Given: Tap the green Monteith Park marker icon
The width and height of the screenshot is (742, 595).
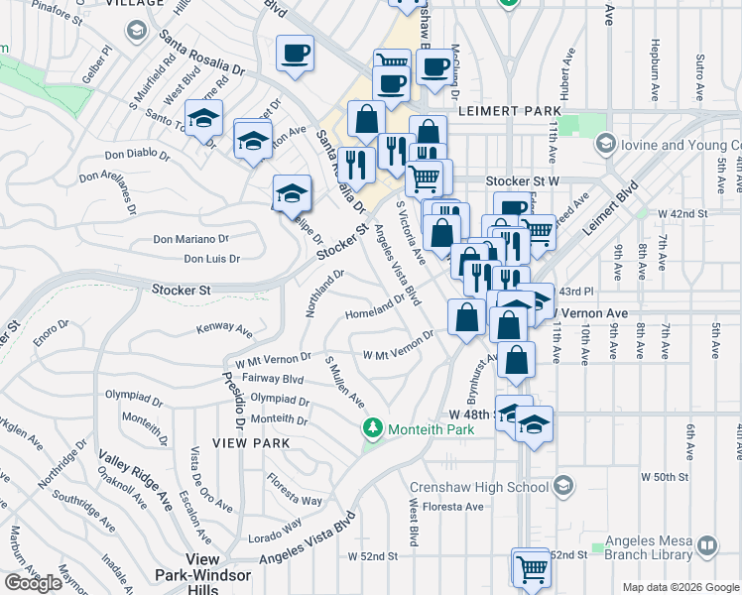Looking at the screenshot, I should pyautogui.click(x=373, y=428).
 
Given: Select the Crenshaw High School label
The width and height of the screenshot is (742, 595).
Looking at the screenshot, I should pyautogui.click(x=479, y=487).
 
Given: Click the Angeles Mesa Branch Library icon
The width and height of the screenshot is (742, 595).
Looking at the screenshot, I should pyautogui.click(x=706, y=545).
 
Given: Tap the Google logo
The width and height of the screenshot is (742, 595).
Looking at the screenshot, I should pyautogui.click(x=33, y=583).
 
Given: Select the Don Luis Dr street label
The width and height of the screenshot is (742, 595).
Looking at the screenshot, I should pyautogui.click(x=212, y=259).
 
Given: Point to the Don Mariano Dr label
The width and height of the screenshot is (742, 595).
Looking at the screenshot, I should pyautogui.click(x=190, y=239).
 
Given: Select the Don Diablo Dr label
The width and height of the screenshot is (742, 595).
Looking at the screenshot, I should pyautogui.click(x=137, y=155).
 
